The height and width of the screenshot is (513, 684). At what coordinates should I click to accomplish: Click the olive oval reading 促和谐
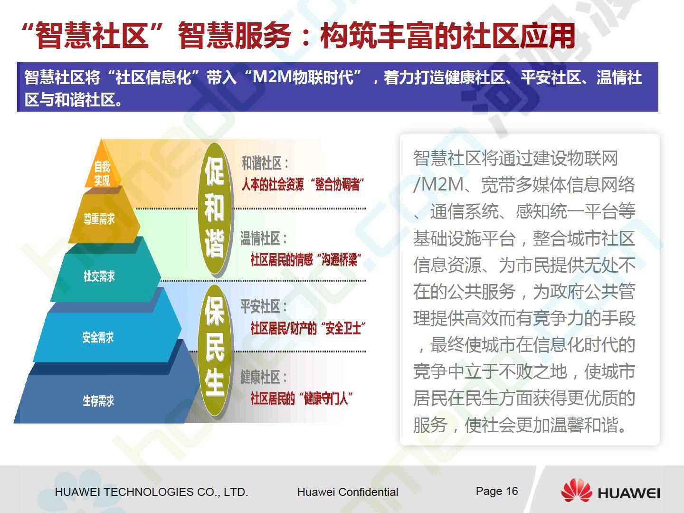point(215,209)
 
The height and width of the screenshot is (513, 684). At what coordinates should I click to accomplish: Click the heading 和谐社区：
point(265,163)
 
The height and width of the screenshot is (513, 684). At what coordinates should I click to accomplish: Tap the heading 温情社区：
point(264,238)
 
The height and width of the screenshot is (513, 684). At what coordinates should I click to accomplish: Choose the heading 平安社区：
point(264,306)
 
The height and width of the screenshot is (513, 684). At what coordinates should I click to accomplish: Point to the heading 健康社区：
point(264,377)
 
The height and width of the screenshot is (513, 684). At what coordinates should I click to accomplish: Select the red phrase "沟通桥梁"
point(341,259)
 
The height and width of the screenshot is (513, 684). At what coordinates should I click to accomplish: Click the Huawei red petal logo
point(577,491)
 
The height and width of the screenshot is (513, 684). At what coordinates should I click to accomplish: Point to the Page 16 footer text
point(497,491)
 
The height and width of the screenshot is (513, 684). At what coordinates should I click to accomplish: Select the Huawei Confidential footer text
point(348,492)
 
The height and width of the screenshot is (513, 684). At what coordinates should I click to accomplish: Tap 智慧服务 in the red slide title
point(235,35)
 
